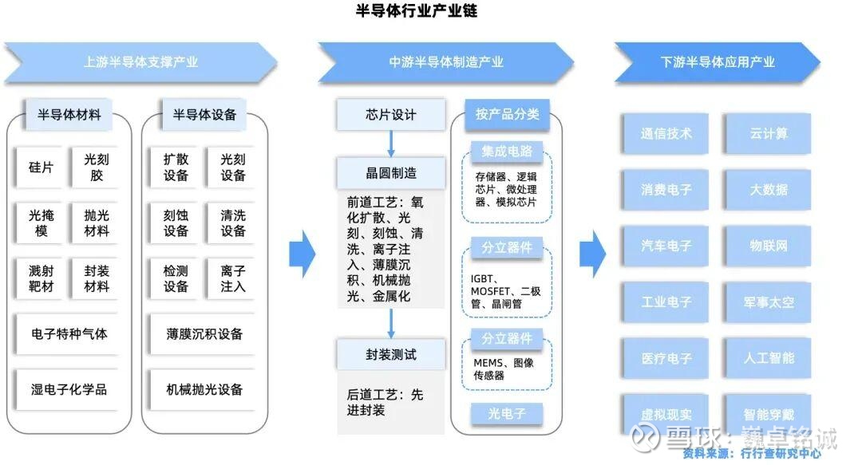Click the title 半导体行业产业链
tap(416, 11)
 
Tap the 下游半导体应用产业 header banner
tap(717, 62)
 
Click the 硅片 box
tap(41, 167)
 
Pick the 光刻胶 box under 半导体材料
tap(96, 167)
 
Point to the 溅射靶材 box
tap(41, 278)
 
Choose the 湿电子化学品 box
tap(69, 389)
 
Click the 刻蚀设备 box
tap(176, 223)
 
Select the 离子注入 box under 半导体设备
tap(233, 278)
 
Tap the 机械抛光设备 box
tap(204, 389)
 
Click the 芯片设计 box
tap(390, 114)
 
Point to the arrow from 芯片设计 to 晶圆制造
tap(391, 143)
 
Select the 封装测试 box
tap(390, 354)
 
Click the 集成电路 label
tap(506, 151)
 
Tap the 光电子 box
tap(505, 413)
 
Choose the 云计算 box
tap(768, 133)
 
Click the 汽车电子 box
tap(666, 246)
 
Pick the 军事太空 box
tap(768, 302)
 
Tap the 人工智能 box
tap(768, 358)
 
